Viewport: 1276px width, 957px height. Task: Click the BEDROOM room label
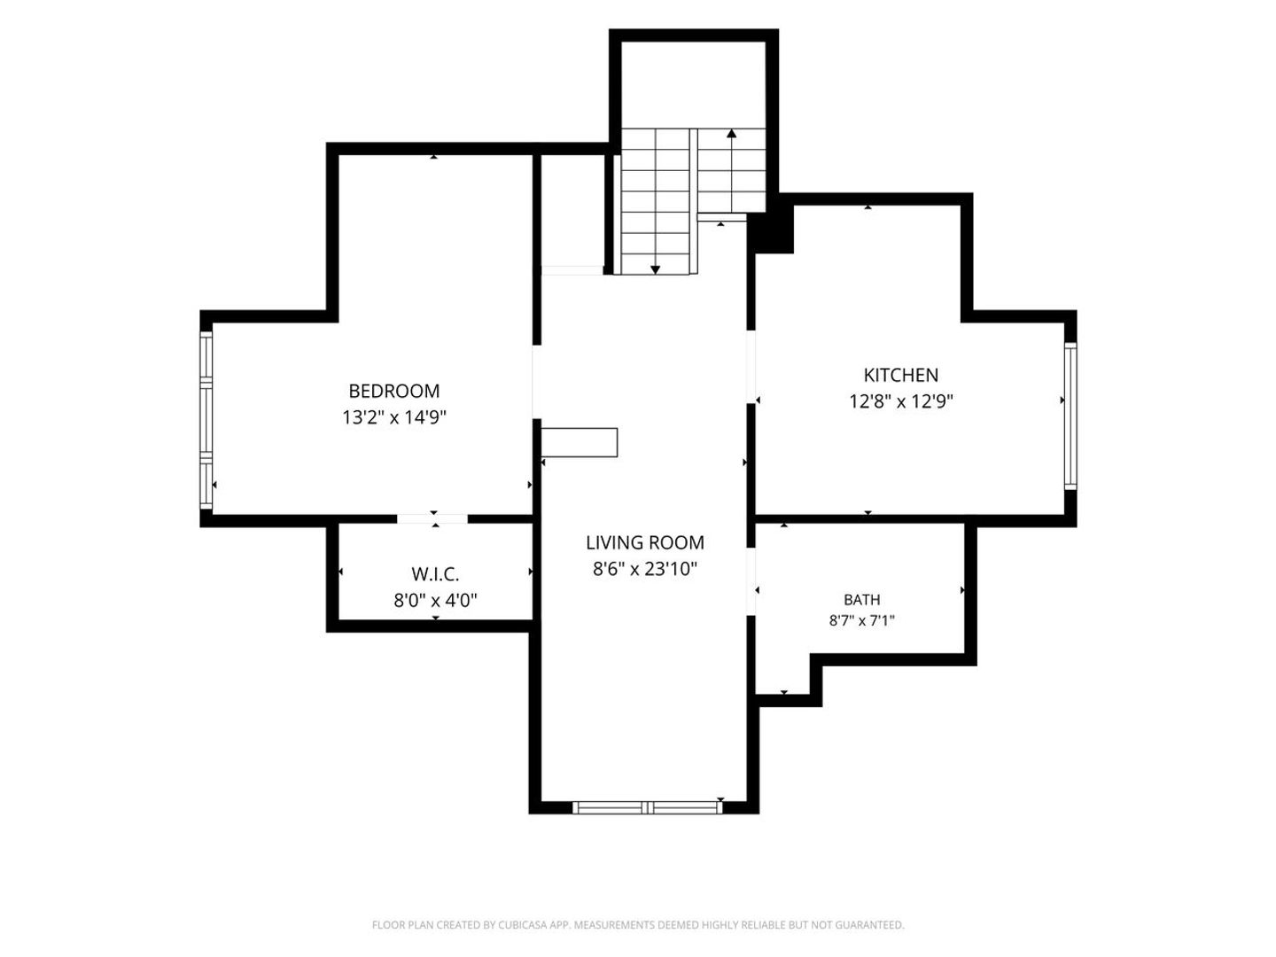click(393, 391)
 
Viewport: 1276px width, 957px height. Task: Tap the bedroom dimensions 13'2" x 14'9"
click(394, 417)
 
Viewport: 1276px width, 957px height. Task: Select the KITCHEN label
click(900, 376)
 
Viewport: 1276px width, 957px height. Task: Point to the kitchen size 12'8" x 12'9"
click(901, 401)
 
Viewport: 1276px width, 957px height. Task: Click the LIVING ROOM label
click(645, 542)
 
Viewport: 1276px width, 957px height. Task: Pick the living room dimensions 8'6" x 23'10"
click(645, 568)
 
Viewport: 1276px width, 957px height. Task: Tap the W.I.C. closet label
click(435, 574)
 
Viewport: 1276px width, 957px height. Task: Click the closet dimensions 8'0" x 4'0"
click(435, 600)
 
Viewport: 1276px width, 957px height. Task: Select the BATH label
click(861, 600)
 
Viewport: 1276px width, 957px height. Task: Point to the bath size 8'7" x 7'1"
click(861, 620)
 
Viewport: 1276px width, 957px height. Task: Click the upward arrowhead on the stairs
click(731, 133)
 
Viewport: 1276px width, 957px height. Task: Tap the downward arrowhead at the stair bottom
click(655, 269)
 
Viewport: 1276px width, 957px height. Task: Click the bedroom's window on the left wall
click(206, 420)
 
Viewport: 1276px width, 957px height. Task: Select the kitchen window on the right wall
click(1070, 416)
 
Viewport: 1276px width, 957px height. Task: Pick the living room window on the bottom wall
click(647, 807)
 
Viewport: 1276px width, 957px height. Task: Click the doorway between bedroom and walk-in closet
click(432, 519)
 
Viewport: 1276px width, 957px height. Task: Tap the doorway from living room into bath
click(751, 581)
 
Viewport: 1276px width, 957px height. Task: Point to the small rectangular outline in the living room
click(579, 443)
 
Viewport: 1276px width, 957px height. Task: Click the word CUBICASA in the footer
click(523, 925)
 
